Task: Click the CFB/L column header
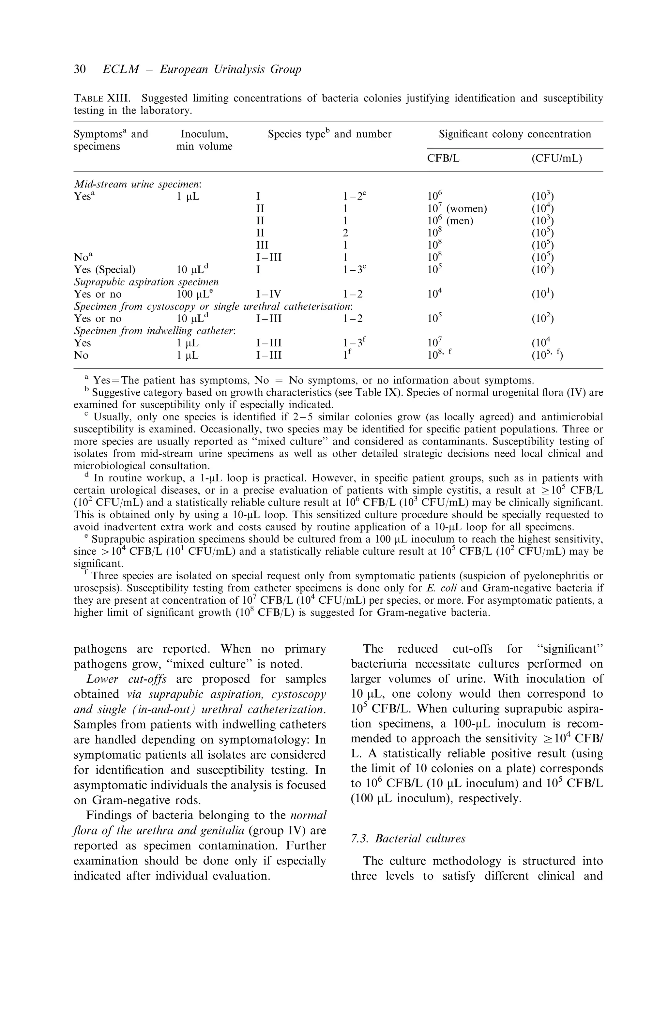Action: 443,158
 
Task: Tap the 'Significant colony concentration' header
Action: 515,134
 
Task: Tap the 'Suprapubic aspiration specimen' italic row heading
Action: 146,282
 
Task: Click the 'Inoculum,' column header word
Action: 205,134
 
